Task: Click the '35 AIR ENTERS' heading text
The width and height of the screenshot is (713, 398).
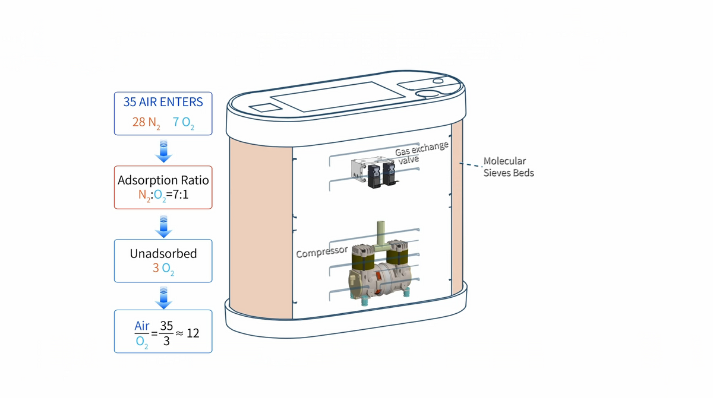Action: [x=163, y=102]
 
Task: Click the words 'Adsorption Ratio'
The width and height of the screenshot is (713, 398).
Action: [x=163, y=180]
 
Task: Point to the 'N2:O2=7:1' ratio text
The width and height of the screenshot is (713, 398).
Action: [x=163, y=195]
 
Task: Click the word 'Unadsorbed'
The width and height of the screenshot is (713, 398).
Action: [x=163, y=254]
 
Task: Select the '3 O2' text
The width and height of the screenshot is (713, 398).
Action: [x=163, y=268]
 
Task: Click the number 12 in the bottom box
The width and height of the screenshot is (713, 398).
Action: [x=193, y=333]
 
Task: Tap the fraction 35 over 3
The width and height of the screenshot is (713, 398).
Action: [x=167, y=333]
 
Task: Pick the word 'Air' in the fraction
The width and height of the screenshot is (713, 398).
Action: [x=142, y=326]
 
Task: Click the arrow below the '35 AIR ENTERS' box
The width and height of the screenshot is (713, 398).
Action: [x=163, y=152]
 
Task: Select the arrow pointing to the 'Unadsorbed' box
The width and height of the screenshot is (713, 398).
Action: [x=163, y=226]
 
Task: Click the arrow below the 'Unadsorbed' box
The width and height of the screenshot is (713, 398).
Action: [x=163, y=297]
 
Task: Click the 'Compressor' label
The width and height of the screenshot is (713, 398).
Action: [x=321, y=251]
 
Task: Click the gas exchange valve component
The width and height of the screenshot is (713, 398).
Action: [x=374, y=173]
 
